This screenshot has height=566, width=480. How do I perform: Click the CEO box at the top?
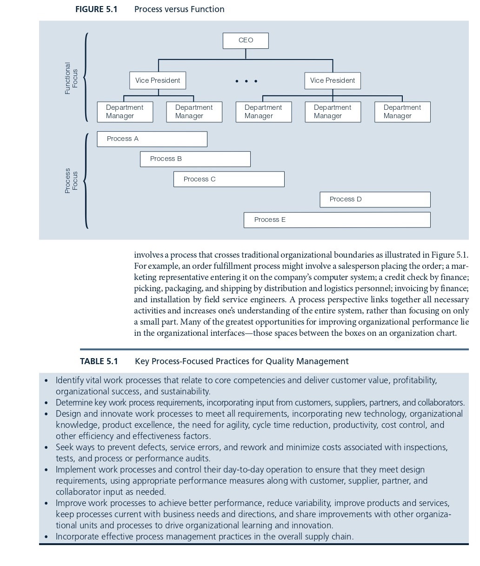(246, 40)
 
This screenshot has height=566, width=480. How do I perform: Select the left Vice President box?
(158, 80)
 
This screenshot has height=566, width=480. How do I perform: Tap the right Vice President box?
(333, 80)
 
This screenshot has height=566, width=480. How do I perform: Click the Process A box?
(152, 139)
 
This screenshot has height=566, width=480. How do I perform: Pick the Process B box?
(195, 159)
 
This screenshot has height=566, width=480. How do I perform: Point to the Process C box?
(229, 179)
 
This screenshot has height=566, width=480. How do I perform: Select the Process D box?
(375, 200)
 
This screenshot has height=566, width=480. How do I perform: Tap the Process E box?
(337, 220)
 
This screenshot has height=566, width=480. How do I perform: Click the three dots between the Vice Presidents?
(246, 81)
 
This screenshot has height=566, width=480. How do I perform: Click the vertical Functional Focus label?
(71, 78)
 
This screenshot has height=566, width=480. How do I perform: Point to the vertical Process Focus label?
(71, 180)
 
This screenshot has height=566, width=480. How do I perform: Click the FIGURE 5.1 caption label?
(96, 9)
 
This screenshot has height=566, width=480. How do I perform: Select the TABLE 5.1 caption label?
(99, 361)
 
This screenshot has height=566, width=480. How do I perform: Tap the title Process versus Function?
(179, 9)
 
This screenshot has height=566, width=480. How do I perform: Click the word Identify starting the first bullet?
(69, 380)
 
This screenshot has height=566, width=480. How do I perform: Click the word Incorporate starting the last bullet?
(77, 537)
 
